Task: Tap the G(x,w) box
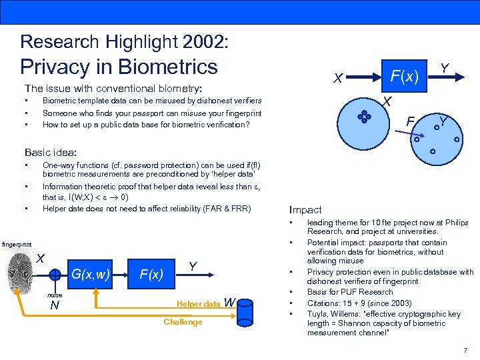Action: pyautogui.click(x=90, y=273)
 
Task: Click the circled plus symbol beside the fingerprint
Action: pyautogui.click(x=55, y=273)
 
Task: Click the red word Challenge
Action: pyautogui.click(x=183, y=322)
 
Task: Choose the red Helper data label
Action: pyautogui.click(x=198, y=304)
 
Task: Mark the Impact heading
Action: pyautogui.click(x=305, y=209)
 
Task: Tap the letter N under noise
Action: pyautogui.click(x=55, y=306)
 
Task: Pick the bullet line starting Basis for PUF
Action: pyautogui.click(x=350, y=292)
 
